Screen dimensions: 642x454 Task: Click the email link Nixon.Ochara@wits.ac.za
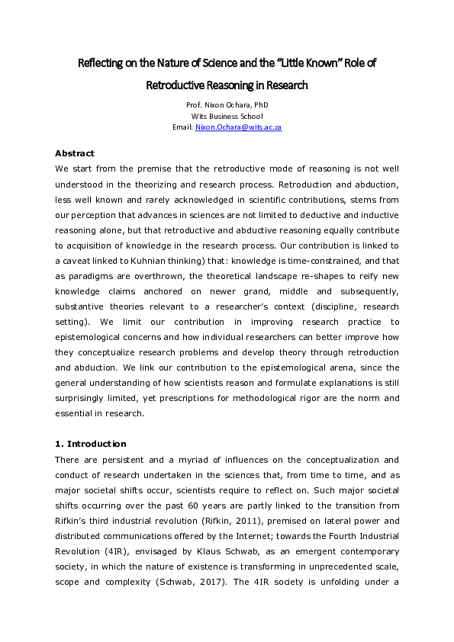tap(238, 127)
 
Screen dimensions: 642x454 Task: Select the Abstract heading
tap(76, 153)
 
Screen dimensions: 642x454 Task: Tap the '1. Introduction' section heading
tap(91, 444)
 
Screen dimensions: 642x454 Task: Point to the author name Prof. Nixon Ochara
tap(227, 104)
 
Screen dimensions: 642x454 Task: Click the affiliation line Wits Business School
tap(227, 116)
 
